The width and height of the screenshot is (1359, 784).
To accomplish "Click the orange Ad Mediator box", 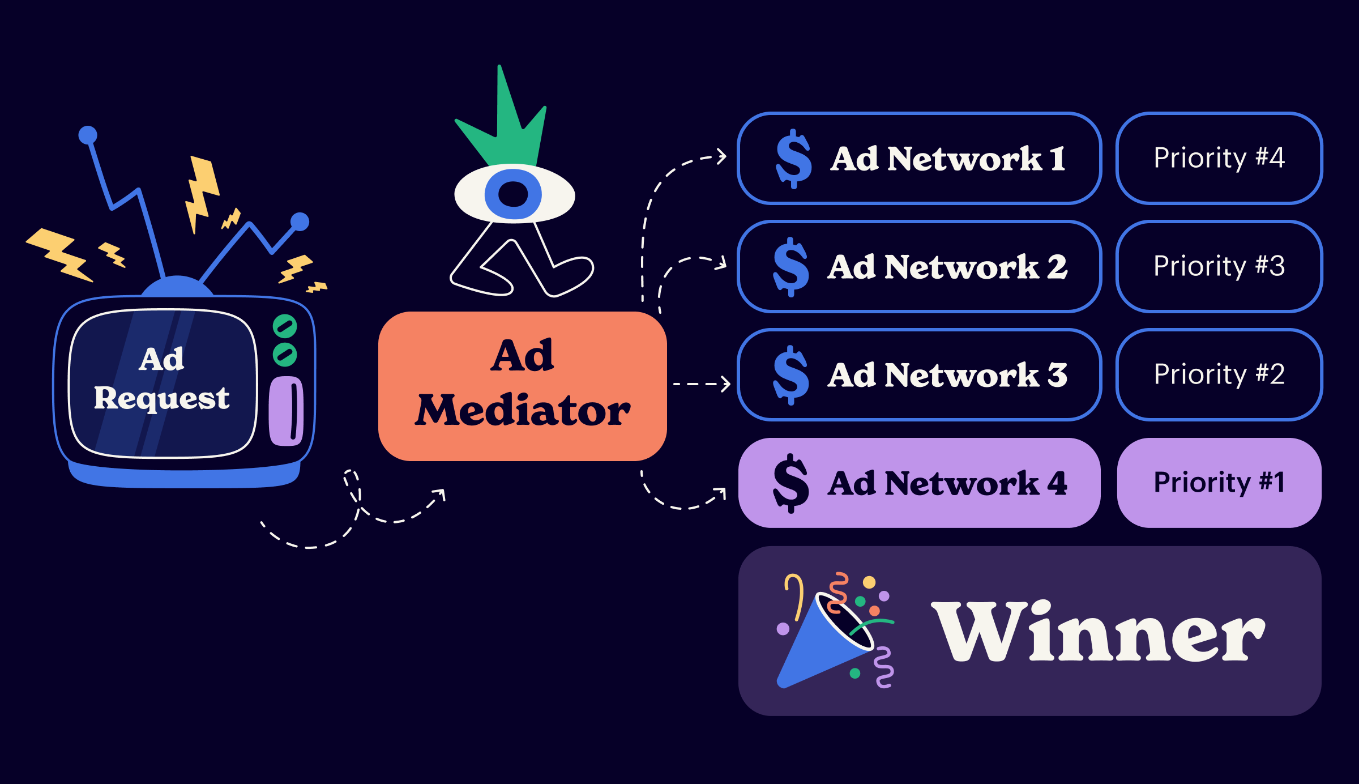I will click(522, 386).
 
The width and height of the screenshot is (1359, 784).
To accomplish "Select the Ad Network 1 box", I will click(920, 159).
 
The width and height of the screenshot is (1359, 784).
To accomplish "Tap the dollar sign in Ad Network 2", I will click(791, 267).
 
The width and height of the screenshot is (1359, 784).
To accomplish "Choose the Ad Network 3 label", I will click(947, 375).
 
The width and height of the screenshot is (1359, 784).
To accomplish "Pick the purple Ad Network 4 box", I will click(920, 483).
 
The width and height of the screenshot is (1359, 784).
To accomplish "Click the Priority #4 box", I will click(1219, 159).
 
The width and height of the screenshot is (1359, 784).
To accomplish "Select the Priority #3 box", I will click(1219, 267).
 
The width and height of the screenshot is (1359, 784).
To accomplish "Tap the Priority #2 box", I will click(1219, 375).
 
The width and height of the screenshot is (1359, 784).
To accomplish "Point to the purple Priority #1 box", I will click(1219, 483).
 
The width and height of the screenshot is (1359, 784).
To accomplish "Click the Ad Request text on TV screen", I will click(162, 378).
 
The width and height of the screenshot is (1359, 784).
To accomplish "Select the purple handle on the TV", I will click(285, 411).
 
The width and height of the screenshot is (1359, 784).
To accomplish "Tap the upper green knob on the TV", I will click(285, 326).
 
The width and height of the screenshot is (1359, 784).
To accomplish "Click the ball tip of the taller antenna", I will click(88, 135).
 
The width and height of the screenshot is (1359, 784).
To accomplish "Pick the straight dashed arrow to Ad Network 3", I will click(701, 384).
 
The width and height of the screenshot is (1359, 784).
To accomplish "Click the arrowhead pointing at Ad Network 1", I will click(722, 156).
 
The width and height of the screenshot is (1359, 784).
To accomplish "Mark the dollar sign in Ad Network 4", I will click(791, 483).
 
